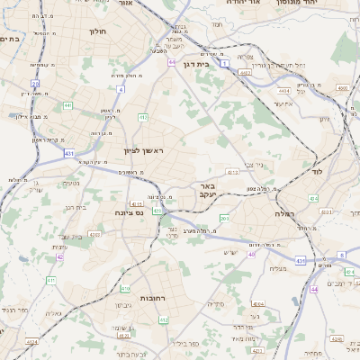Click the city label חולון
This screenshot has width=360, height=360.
(x=98, y=31)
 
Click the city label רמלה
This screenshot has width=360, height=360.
(x=285, y=214)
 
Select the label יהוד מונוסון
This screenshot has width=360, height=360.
(x=328, y=3)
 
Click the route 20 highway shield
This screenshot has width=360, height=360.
(x=35, y=84)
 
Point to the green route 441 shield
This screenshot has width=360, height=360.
(x=67, y=106)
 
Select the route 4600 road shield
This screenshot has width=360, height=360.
(x=342, y=88)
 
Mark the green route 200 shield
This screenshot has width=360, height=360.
(x=224, y=219)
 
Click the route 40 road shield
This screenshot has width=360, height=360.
(x=251, y=256)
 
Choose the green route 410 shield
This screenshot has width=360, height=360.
(x=124, y=289)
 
